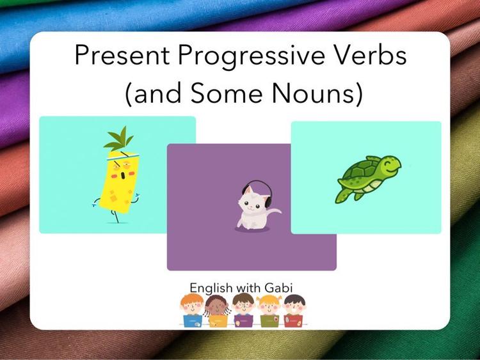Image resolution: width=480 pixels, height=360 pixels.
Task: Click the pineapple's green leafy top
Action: (x=118, y=140)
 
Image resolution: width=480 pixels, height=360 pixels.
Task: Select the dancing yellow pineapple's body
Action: (x=118, y=185)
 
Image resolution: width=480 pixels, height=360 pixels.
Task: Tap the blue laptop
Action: (x=192, y=321)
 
